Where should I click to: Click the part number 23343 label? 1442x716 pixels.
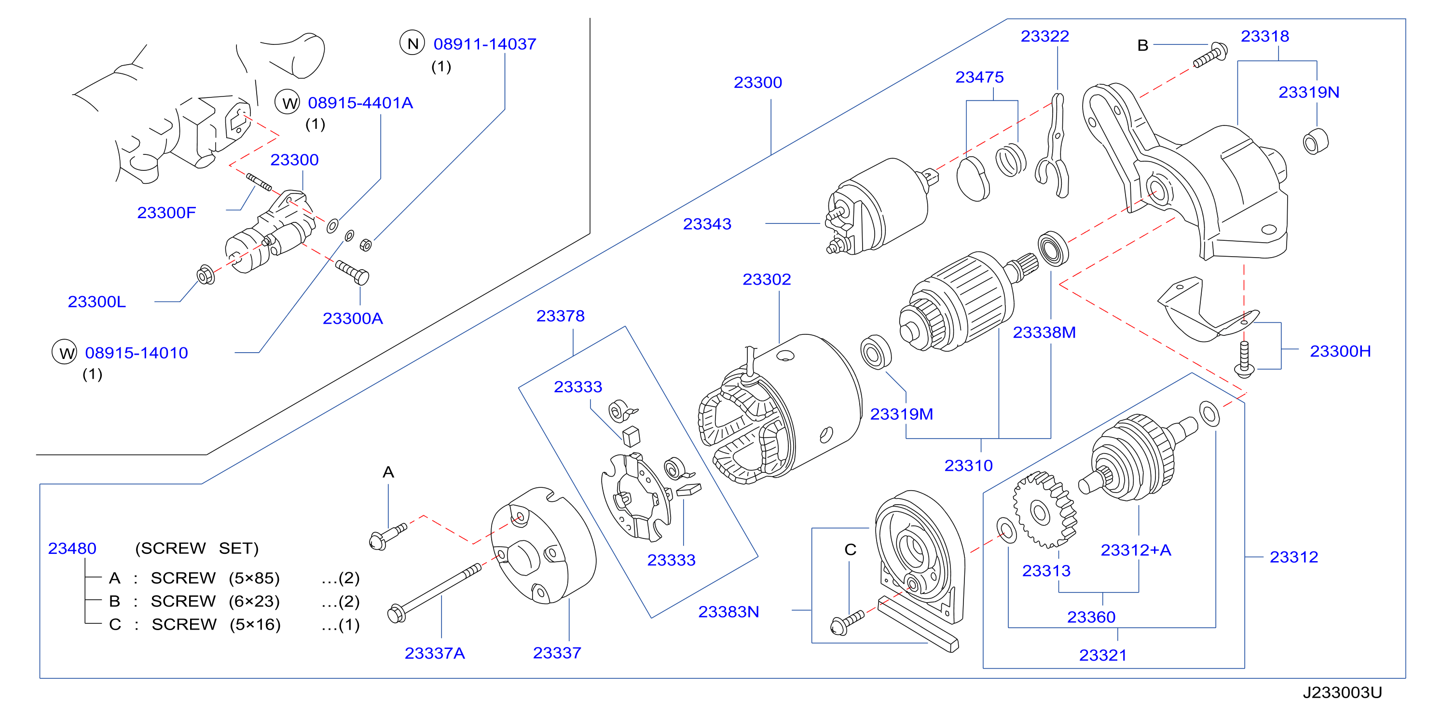click(x=706, y=224)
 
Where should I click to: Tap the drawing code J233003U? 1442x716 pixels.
click(x=1342, y=692)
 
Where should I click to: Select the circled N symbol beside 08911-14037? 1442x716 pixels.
click(x=412, y=43)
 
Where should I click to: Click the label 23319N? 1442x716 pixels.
click(x=1308, y=92)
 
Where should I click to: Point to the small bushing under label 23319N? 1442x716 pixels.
click(x=1315, y=141)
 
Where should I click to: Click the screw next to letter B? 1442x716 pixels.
click(x=1210, y=55)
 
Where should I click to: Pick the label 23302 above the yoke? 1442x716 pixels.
click(x=766, y=279)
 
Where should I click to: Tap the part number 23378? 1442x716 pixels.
click(x=560, y=317)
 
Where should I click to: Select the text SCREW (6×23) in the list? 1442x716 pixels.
click(x=215, y=601)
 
